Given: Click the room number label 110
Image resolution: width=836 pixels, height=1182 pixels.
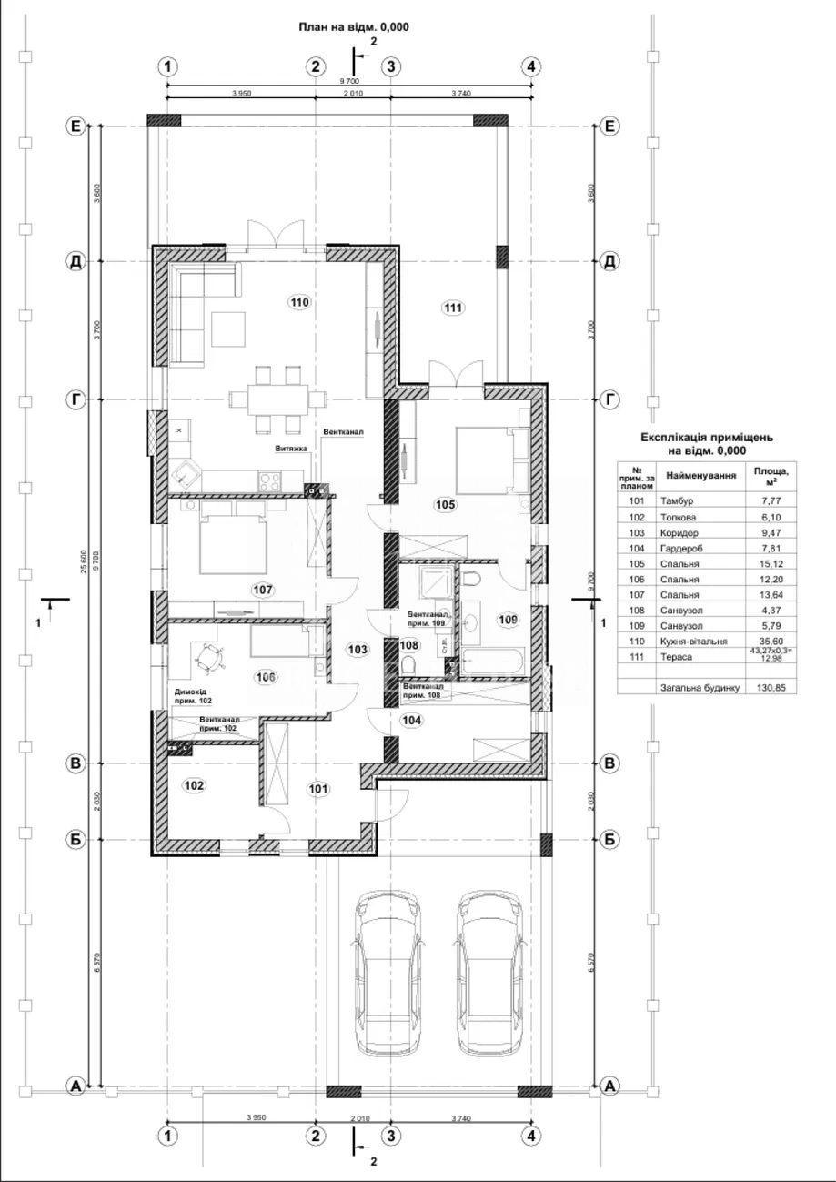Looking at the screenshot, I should [x=300, y=301].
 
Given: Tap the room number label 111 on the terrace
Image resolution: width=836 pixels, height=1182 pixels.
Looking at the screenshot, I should [x=453, y=308].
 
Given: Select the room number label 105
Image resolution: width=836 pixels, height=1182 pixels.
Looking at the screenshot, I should [x=445, y=504].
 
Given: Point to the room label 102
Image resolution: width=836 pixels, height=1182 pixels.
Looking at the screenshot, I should [x=194, y=785].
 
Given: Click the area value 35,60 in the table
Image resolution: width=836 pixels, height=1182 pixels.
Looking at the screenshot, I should [x=769, y=641].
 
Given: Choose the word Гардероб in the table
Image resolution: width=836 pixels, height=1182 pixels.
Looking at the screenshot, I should [x=681, y=548].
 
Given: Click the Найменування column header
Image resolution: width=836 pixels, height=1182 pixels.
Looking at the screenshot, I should [x=700, y=475].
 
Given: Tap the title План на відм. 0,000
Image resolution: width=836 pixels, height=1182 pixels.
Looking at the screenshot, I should [x=354, y=27].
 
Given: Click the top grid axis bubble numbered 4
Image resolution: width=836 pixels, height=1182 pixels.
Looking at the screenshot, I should [x=532, y=66].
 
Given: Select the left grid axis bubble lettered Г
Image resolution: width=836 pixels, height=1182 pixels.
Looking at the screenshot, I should [x=76, y=399].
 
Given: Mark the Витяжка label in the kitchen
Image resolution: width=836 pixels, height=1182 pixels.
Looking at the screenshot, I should [x=292, y=449].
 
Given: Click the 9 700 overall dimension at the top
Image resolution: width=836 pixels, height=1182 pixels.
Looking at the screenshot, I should [x=350, y=82].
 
